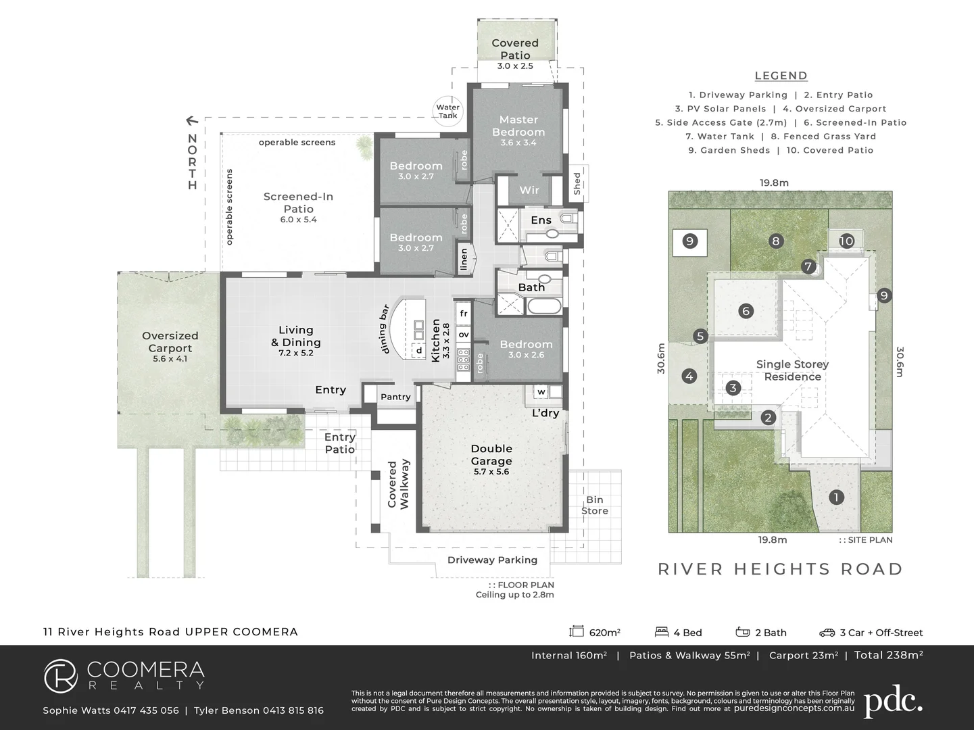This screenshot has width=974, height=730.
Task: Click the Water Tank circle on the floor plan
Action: [447, 111]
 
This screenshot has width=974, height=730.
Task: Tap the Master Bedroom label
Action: [518, 126]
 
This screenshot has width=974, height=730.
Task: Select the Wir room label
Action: [529, 190]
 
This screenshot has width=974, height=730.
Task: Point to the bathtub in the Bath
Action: [544, 306]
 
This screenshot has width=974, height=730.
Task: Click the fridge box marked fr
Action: [463, 314]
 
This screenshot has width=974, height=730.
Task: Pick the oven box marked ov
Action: [463, 334]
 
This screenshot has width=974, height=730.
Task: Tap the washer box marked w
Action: [541, 391]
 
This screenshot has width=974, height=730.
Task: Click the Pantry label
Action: [395, 397]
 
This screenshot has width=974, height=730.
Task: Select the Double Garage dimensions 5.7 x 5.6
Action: [491, 472]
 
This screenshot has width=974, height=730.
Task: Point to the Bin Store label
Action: [595, 505]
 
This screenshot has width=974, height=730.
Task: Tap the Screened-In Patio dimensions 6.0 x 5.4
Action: [298, 220]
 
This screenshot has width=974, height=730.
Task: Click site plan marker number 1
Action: [836, 497]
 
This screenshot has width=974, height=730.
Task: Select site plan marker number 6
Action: [746, 311]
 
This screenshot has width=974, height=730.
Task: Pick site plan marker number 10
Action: [846, 241]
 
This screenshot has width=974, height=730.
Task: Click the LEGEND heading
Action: [781, 76]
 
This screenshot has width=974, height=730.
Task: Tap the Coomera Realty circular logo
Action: [61, 676]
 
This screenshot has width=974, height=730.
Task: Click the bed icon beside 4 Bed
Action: [662, 631]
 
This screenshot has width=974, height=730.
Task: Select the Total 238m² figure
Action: [889, 655]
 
